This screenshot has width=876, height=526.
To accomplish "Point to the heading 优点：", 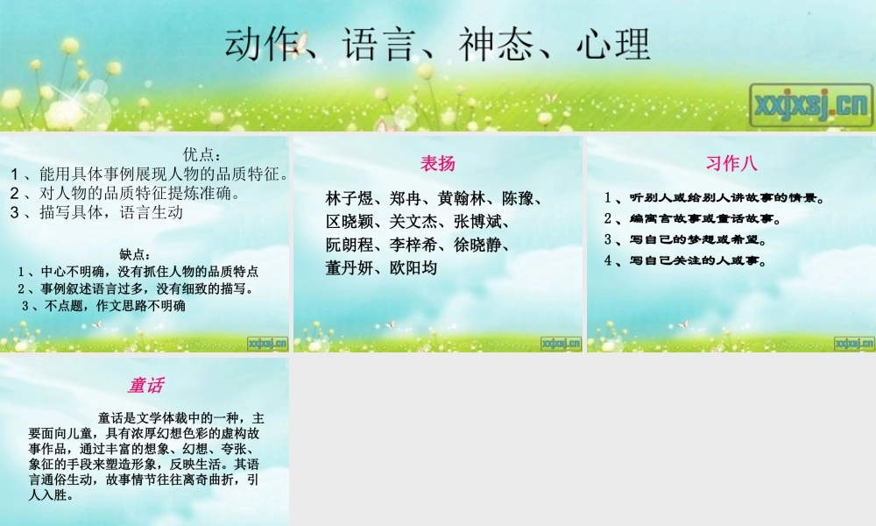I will pyautogui.click(x=202, y=154).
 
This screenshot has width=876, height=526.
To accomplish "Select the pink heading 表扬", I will pyautogui.click(x=438, y=163).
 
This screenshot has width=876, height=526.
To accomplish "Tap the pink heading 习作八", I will pyautogui.click(x=731, y=163).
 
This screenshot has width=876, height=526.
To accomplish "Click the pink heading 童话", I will pyautogui.click(x=145, y=385).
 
